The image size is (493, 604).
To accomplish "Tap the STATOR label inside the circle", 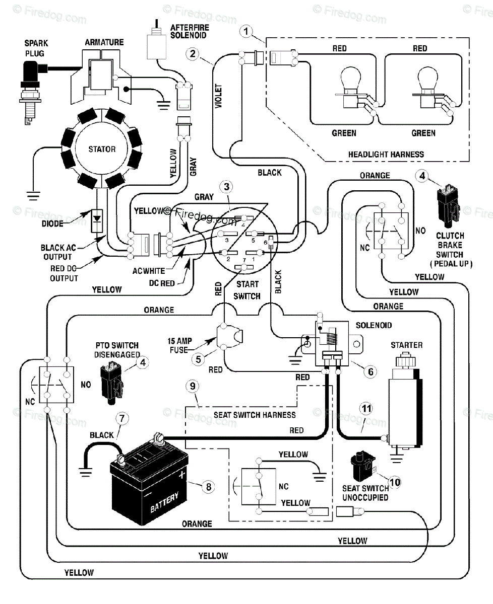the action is point(102,149).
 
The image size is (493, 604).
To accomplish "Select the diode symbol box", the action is point(97,221).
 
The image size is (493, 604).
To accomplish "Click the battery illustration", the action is point(149,479).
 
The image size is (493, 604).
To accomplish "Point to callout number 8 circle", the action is point(209,487).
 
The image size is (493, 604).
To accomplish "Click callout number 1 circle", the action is point(246,31).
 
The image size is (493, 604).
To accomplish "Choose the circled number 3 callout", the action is point(226,187).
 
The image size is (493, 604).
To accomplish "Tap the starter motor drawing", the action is point(405,403).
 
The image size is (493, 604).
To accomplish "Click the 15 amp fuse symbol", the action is point(229,337).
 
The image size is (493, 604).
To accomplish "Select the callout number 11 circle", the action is point(366,409).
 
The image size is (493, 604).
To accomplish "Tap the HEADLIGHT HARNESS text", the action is point(386,155).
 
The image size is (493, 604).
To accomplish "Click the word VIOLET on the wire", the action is point(218,96).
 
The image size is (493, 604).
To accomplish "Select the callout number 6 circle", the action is point(371,371).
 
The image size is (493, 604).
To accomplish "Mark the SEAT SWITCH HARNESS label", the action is point(255,415).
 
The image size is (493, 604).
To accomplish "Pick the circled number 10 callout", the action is point(395,482).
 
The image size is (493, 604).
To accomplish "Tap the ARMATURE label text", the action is point(104,43).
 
